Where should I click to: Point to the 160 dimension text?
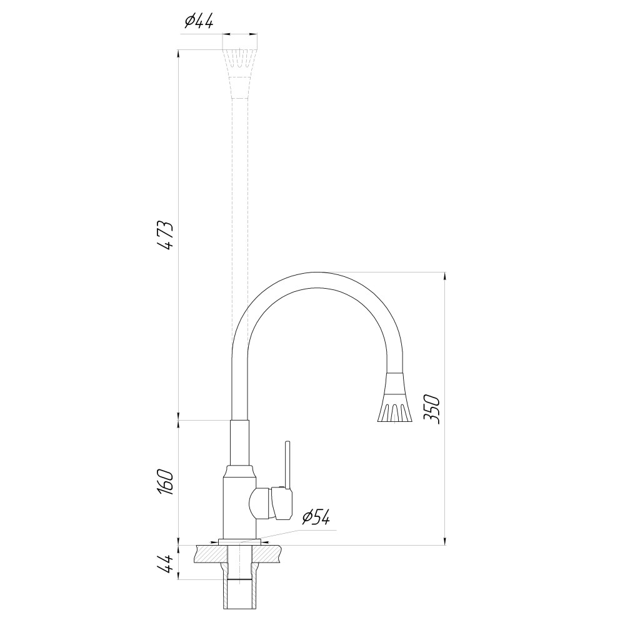point(165,481)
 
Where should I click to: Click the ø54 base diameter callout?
point(316,517)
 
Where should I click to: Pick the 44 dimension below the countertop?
point(165,564)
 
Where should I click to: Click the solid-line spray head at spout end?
point(395,400)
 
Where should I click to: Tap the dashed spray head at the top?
point(239,62)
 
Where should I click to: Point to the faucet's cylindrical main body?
point(237,503)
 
